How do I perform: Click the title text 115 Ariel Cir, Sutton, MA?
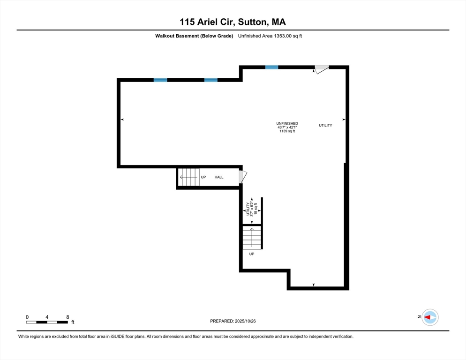233,22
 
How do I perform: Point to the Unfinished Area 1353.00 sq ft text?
270,36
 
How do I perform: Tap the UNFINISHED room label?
287,123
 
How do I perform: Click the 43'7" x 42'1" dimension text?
287,127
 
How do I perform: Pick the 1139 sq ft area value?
287,131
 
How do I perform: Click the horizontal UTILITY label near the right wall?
325,125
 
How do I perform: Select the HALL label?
219,177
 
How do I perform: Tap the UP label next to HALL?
203,177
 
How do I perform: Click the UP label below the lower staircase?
251,254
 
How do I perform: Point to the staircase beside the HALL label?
190,177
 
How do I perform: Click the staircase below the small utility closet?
252,237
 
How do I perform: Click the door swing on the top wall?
321,70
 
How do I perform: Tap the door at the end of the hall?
242,177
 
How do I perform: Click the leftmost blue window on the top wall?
160,80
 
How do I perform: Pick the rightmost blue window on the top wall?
271,67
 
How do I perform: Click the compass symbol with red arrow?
429,317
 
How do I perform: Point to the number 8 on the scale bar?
68,317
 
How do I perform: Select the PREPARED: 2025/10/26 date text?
233,321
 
